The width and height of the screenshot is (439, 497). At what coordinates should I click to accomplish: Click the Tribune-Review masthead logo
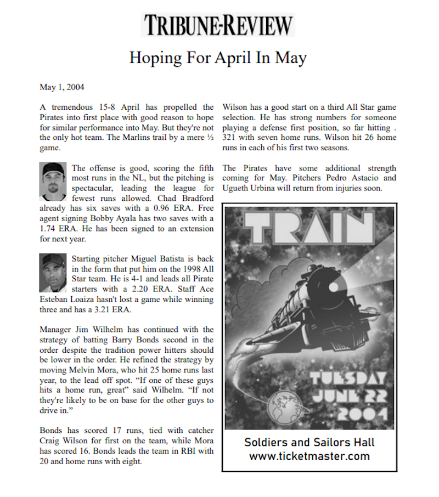click(x=218, y=25)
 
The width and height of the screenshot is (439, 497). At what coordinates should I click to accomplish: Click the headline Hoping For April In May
click(x=218, y=57)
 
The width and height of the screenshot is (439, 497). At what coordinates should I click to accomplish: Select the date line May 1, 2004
click(x=62, y=87)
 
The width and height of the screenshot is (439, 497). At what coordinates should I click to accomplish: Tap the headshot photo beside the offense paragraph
click(x=53, y=180)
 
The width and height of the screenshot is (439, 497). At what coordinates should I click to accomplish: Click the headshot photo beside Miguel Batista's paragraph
click(x=53, y=273)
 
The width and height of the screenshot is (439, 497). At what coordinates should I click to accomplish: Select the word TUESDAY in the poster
click(x=347, y=378)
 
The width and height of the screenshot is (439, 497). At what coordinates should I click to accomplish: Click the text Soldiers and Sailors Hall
click(x=309, y=442)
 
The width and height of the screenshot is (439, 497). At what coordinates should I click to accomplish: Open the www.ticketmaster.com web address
click(x=309, y=456)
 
